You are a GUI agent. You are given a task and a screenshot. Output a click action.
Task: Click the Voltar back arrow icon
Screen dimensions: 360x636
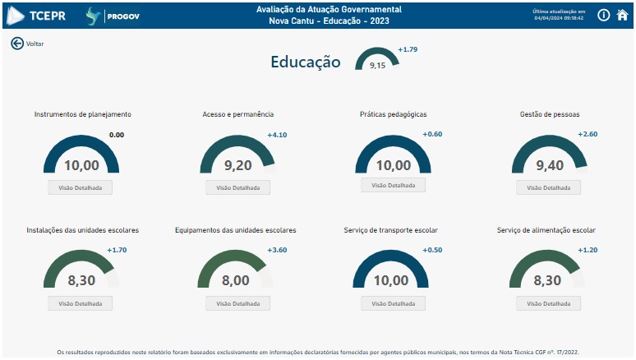[x=17, y=44]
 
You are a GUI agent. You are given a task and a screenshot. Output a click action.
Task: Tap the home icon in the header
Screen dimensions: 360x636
[x=622, y=15]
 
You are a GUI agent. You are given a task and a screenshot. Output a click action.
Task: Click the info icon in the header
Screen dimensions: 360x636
[x=603, y=15]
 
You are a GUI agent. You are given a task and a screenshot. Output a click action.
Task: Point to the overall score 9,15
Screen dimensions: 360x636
[x=377, y=65]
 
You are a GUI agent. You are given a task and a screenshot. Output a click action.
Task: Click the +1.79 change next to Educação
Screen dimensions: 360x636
[x=408, y=49]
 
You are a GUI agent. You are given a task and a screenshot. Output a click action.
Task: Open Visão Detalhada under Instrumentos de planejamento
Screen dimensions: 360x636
[x=80, y=187]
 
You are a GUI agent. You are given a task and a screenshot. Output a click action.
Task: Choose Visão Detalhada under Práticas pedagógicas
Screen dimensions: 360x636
[x=394, y=185]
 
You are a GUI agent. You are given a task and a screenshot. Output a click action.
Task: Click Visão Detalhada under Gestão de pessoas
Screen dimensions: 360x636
[x=548, y=187]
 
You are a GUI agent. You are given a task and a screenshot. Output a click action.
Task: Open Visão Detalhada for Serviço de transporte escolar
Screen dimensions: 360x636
[x=394, y=303]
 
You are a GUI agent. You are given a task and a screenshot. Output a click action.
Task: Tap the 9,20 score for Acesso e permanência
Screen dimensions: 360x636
[x=238, y=165]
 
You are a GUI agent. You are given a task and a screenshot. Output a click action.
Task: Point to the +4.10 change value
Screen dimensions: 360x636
[x=277, y=135]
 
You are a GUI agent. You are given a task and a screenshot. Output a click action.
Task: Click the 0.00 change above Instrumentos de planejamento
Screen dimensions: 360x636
[x=117, y=135]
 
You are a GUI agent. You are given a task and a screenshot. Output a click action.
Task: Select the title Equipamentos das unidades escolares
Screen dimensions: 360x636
[x=236, y=230]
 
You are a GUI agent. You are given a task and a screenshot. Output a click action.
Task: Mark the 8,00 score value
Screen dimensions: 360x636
[x=236, y=280]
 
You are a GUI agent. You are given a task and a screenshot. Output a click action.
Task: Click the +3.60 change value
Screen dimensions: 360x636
[x=277, y=250]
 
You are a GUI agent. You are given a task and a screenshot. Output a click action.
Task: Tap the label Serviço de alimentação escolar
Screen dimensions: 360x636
[x=546, y=230]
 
